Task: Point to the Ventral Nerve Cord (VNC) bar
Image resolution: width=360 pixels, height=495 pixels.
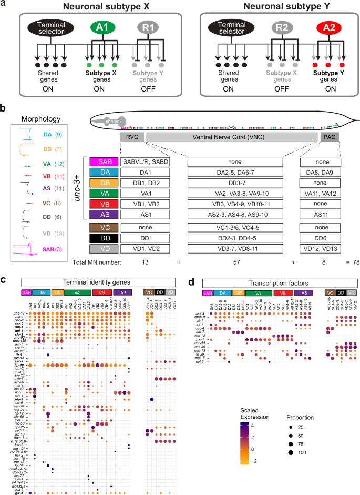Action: [x=231, y=137]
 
